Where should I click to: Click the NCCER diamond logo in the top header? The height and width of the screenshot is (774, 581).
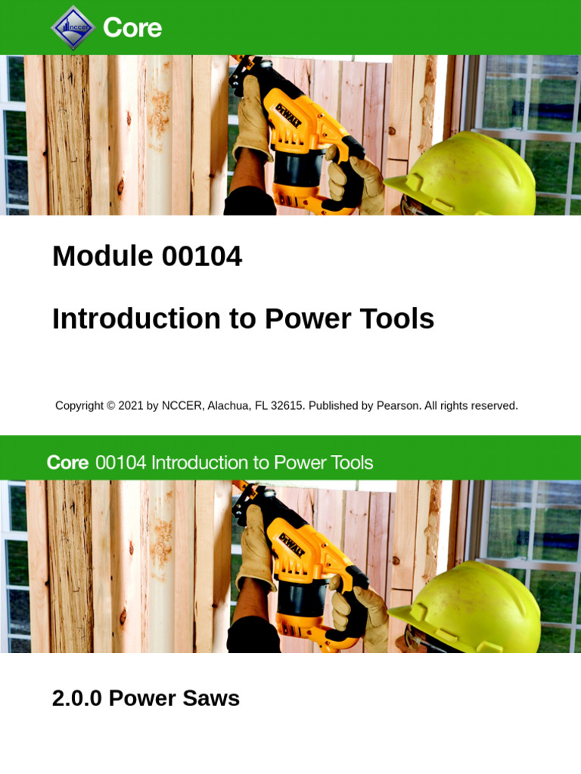coord(73,27)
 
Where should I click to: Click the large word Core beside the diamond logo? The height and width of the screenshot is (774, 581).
coord(132,28)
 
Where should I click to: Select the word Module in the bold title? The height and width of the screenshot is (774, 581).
coord(92,257)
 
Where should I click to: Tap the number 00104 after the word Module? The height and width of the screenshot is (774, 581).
coord(201,257)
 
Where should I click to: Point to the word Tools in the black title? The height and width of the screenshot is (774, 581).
coord(397,319)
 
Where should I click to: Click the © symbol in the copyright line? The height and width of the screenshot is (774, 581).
coord(110,406)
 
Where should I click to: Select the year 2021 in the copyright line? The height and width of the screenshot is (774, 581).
coord(130,406)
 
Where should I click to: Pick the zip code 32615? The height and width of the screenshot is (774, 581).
coord(287,406)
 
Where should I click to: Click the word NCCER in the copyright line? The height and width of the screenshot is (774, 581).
coord(182,406)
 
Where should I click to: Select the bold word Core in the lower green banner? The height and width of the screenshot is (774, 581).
coord(67,463)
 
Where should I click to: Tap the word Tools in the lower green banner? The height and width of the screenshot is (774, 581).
coord(350,463)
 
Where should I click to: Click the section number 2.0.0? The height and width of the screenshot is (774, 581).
coord(77,698)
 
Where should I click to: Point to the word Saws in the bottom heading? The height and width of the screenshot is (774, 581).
coord(216,698)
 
